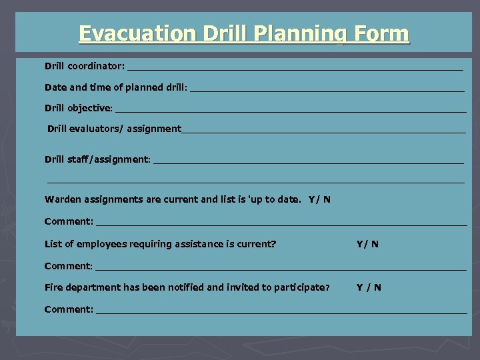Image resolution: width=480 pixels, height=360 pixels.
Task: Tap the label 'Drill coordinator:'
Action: point(84,67)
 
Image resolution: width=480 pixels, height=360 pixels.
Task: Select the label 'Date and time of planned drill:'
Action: point(116,87)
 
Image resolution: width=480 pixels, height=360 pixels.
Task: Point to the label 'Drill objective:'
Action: point(79,108)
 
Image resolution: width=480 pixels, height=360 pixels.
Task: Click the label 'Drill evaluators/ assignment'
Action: point(114,129)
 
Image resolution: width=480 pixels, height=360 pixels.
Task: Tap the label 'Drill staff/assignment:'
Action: point(98,159)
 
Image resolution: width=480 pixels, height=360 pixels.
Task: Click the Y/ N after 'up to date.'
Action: point(319,199)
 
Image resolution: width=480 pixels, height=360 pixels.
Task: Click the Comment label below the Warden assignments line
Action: point(69,221)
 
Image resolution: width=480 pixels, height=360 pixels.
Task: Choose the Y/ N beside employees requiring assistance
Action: point(367,244)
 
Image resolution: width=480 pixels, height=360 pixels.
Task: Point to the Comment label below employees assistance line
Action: point(69,266)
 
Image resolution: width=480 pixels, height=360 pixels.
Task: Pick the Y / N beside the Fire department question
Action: point(369,287)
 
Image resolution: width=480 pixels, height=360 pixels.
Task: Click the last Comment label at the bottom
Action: point(69,309)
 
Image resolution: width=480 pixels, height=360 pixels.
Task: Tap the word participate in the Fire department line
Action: point(303,287)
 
